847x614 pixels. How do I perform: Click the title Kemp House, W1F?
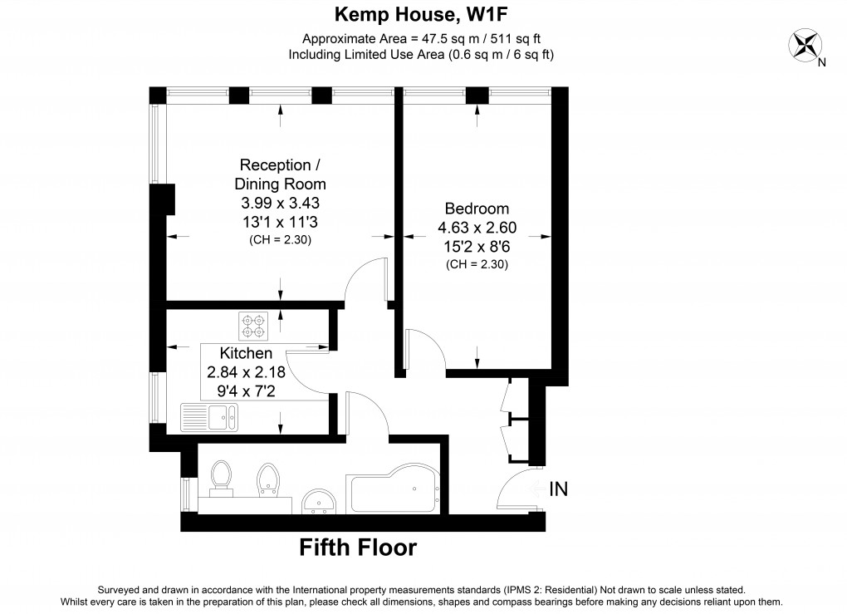click(x=423, y=13)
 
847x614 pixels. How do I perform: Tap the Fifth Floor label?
click(x=358, y=548)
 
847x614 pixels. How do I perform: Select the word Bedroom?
click(x=477, y=209)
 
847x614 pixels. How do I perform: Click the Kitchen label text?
click(x=246, y=354)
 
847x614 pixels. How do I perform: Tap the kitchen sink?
click(x=209, y=416)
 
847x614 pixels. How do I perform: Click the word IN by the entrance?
click(x=558, y=489)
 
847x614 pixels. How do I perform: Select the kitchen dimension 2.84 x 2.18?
click(x=246, y=371)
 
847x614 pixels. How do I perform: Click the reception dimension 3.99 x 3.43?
click(x=280, y=202)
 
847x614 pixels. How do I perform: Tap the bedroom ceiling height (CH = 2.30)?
click(x=477, y=264)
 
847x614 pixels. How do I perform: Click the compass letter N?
click(x=821, y=62)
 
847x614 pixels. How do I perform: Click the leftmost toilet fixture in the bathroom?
click(x=221, y=479)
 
